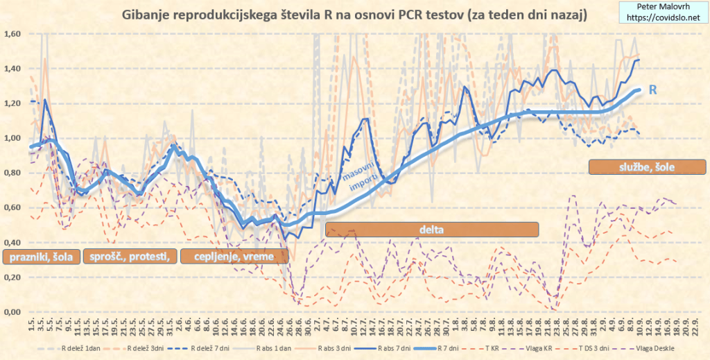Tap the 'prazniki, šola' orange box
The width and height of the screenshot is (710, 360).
pyautogui.click(x=42, y=257)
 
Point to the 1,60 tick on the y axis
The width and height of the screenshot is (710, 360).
pyautogui.click(x=13, y=34)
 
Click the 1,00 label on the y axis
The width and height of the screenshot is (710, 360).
pyautogui.click(x=13, y=138)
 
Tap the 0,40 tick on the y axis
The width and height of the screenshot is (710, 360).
pyautogui.click(x=13, y=242)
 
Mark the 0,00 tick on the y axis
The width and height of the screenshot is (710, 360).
pyautogui.click(x=13, y=311)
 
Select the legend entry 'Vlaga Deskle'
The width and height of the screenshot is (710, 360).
pyautogui.click(x=652, y=348)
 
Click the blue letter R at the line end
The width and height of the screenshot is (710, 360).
pyautogui.click(x=652, y=89)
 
